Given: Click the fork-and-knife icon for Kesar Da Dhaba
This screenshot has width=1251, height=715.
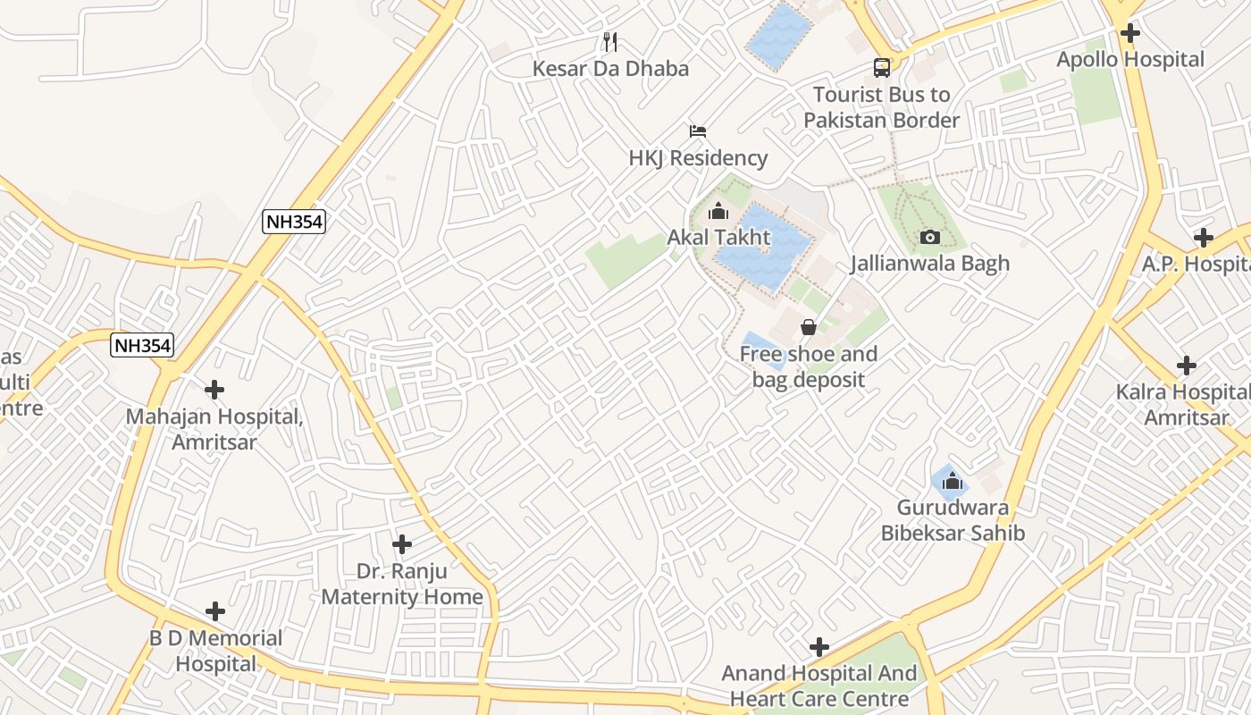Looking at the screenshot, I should pyautogui.click(x=610, y=41).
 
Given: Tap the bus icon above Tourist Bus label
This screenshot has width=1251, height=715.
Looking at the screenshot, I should pyautogui.click(x=881, y=67).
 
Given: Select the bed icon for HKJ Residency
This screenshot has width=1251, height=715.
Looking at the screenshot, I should pyautogui.click(x=698, y=131).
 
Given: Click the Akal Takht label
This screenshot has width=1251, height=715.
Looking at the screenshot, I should pyautogui.click(x=718, y=238).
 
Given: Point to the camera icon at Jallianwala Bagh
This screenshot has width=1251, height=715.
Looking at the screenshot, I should pyautogui.click(x=929, y=237).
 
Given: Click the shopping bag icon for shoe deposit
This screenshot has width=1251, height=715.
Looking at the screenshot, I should pyautogui.click(x=809, y=327).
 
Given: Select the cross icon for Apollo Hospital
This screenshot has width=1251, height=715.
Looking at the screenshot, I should pyautogui.click(x=1130, y=33).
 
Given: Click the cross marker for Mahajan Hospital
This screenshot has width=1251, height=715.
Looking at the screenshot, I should pyautogui.click(x=214, y=390).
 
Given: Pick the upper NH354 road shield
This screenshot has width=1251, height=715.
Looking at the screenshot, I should pyautogui.click(x=294, y=222).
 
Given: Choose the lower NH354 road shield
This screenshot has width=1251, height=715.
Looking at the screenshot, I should pyautogui.click(x=142, y=345).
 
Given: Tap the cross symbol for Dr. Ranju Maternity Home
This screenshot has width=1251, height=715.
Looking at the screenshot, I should pyautogui.click(x=402, y=543).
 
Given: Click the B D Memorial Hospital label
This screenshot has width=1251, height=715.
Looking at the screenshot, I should pyautogui.click(x=215, y=651).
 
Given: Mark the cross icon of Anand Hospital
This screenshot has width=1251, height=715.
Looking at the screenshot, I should pyautogui.click(x=819, y=647).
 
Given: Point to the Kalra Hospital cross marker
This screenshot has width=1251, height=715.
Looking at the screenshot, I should pyautogui.click(x=1187, y=366).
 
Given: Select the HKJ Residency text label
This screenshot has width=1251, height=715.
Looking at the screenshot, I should pyautogui.click(x=698, y=158).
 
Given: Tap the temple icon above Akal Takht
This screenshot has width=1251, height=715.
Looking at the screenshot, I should pyautogui.click(x=718, y=212).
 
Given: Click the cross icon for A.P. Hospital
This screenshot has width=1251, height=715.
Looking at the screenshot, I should pyautogui.click(x=1204, y=238).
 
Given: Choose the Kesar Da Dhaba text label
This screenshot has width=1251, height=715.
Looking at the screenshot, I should pyautogui.click(x=610, y=69).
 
